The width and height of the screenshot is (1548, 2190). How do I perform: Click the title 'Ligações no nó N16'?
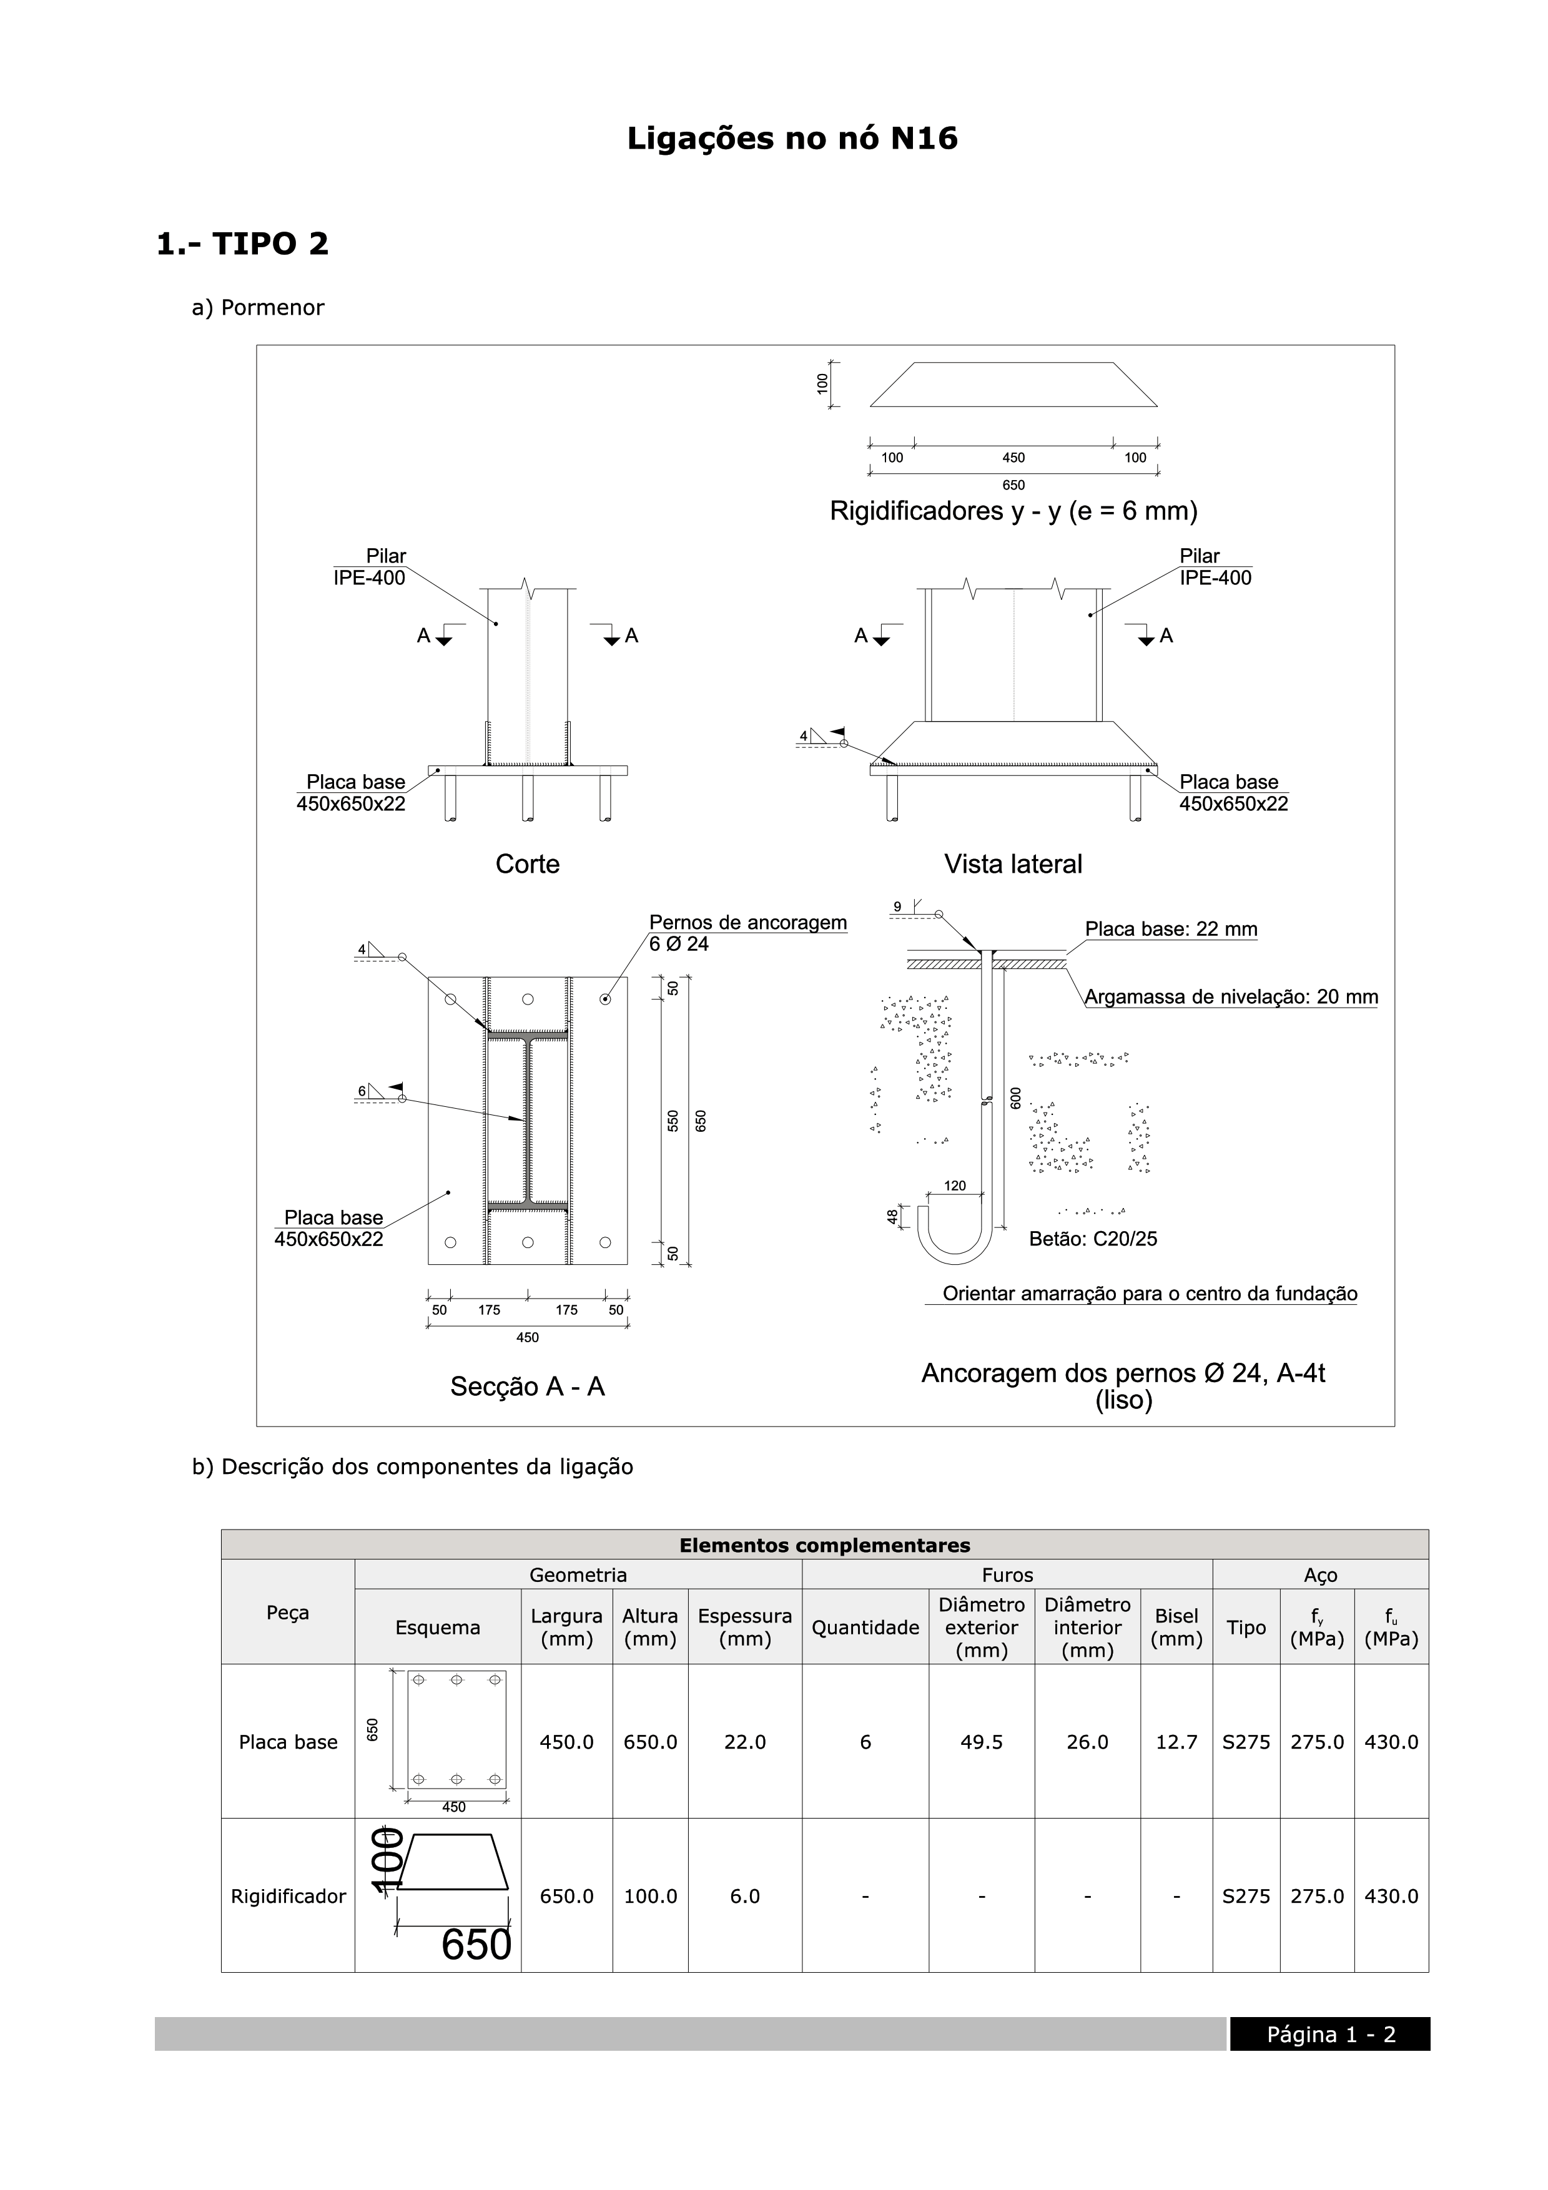click(x=792, y=139)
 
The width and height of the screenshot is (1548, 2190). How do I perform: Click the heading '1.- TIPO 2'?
click(x=242, y=244)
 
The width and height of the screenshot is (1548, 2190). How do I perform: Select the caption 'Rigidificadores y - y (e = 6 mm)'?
click(x=1013, y=511)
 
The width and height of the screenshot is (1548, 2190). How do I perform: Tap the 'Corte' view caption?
click(x=528, y=864)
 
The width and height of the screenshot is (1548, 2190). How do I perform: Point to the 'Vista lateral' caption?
click(x=1013, y=864)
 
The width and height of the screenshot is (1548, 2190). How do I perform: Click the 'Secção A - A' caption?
click(x=528, y=1386)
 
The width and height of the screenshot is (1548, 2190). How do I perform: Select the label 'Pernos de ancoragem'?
click(x=747, y=922)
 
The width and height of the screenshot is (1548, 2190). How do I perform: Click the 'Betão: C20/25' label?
click(x=1093, y=1239)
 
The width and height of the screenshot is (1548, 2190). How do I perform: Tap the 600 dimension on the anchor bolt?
click(x=1016, y=1098)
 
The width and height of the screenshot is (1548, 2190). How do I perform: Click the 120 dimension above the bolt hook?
click(x=955, y=1186)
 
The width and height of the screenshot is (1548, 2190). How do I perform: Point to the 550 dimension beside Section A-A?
click(x=673, y=1121)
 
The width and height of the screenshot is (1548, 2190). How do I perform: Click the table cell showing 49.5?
click(x=982, y=1742)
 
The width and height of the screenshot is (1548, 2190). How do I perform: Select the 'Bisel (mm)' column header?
click(x=1176, y=1628)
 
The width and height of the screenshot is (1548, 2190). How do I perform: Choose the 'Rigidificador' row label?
click(x=288, y=1896)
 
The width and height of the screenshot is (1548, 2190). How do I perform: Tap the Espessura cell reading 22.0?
click(x=745, y=1742)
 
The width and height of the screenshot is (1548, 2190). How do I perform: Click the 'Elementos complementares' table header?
click(x=824, y=1545)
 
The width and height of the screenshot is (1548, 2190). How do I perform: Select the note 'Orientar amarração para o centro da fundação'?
click(x=1150, y=1294)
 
